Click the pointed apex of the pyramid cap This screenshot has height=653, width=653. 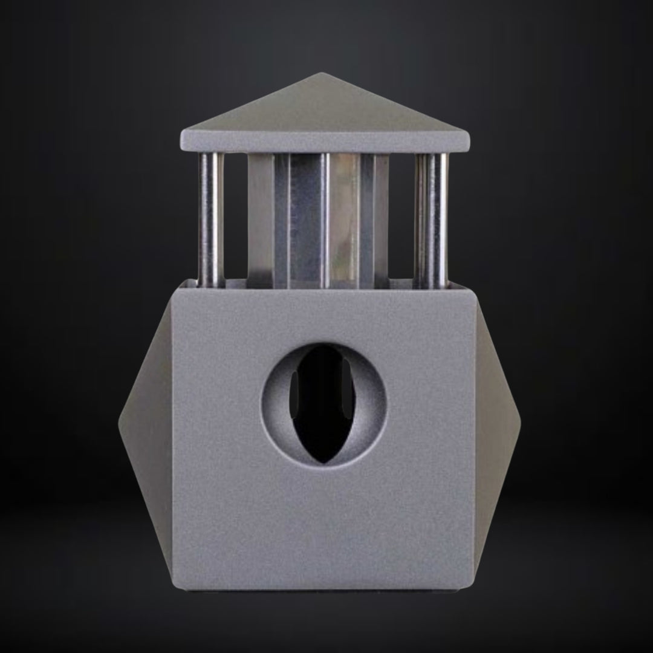pyautogui.click(x=322, y=75)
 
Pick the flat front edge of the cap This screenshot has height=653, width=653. pyautogui.click(x=325, y=143)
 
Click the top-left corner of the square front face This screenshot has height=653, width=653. pyautogui.click(x=175, y=289)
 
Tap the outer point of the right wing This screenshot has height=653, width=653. pyautogui.click(x=521, y=420)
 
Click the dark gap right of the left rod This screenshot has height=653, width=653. pyautogui.click(x=236, y=218)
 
